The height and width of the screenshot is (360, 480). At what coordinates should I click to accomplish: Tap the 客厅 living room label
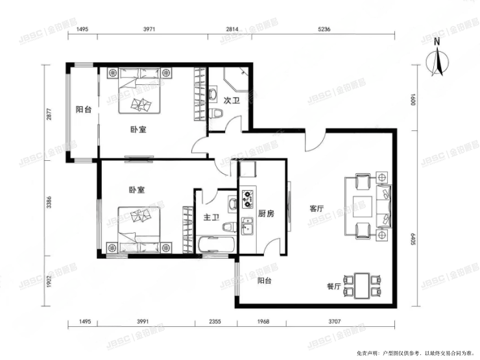tap(316, 209)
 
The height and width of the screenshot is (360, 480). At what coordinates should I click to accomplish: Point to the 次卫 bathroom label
tap(232, 101)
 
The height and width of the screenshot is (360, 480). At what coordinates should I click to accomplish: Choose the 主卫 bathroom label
tap(211, 217)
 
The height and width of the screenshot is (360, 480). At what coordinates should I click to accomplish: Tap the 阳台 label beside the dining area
tap(264, 281)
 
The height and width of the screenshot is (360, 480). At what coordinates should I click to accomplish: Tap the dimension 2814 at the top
tap(232, 29)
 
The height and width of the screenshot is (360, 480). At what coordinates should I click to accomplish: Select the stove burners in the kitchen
tap(247, 198)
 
